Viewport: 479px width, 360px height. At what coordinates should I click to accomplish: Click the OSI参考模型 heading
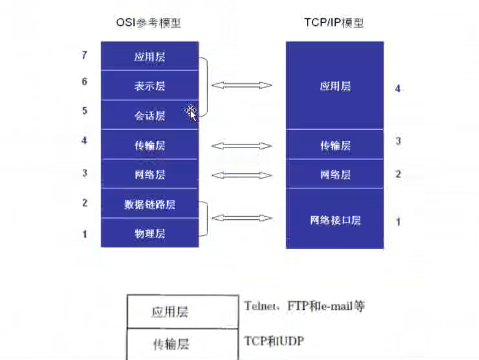[149, 23]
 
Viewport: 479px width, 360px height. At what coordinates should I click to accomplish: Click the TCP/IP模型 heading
[334, 23]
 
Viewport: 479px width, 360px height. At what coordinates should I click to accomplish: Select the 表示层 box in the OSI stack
[149, 86]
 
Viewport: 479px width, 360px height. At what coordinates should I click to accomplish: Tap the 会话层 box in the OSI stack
[149, 115]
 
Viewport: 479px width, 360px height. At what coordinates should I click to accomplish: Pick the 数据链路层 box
[149, 204]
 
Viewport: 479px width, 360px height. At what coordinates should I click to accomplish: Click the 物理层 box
[149, 233]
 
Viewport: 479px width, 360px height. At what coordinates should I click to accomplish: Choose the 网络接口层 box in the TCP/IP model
[334, 219]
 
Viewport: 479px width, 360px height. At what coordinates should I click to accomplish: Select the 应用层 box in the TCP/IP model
[334, 86]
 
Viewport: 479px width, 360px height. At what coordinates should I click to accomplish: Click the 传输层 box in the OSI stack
[149, 145]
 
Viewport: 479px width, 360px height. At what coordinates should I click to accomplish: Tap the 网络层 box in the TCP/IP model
[334, 174]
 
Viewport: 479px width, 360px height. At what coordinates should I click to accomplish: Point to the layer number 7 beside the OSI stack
[85, 56]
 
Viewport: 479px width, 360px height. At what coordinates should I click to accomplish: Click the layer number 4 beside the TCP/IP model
[398, 89]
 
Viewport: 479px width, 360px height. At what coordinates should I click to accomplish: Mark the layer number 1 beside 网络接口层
[398, 222]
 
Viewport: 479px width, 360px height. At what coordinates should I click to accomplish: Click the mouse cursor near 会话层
[191, 111]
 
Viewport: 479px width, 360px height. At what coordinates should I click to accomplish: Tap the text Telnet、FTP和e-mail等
[304, 306]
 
